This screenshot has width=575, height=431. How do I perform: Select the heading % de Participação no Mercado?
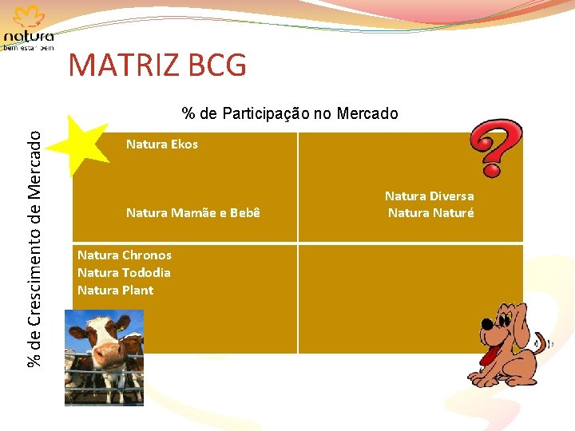289,113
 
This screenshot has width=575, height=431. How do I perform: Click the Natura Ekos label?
161,144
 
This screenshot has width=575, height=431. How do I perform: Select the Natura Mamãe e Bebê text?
192,213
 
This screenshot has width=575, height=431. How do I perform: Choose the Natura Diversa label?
429,196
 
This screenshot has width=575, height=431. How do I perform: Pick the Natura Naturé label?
430,213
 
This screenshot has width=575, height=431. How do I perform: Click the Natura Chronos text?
124,255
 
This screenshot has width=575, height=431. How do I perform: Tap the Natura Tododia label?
124,273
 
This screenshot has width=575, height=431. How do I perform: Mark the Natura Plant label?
115,291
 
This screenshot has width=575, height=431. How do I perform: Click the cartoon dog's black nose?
486,324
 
